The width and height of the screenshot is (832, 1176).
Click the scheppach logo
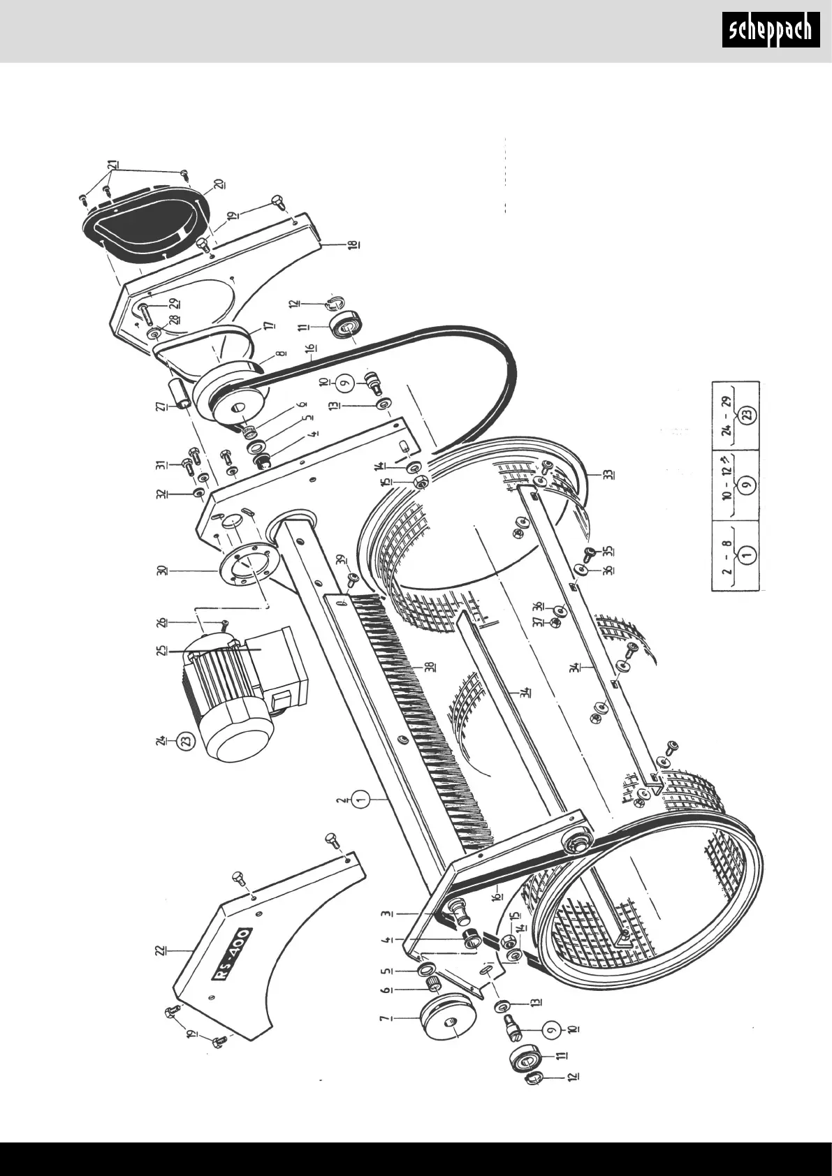click(771, 30)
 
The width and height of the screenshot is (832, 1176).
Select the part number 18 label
click(353, 244)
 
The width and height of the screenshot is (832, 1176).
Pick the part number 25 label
click(161, 650)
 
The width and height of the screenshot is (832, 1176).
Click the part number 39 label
click(340, 560)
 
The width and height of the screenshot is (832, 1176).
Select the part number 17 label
click(269, 325)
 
